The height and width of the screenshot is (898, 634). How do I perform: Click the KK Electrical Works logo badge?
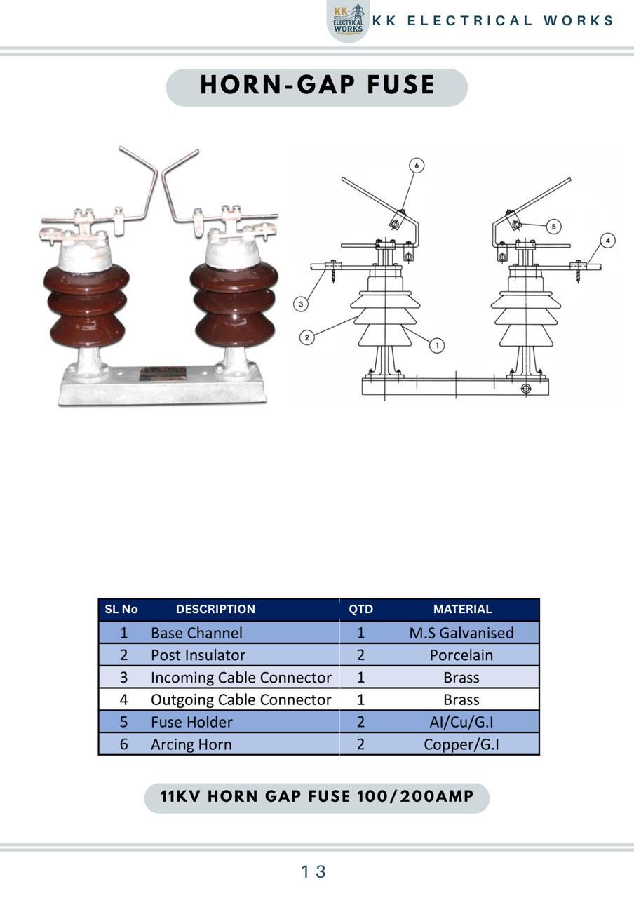348,20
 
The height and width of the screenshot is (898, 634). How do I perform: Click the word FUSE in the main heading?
400,85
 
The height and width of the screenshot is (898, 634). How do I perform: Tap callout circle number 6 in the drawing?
417,165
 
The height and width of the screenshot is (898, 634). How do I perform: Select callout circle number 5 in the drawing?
553,227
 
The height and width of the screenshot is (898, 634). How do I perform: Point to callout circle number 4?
607,241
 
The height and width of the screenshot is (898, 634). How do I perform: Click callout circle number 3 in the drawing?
301,304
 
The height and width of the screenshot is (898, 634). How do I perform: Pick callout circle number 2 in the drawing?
307,337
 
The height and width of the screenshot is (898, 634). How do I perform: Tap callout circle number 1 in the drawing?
437,345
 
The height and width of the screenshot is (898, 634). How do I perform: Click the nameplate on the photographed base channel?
163,373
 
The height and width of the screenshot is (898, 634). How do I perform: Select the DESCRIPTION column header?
215,609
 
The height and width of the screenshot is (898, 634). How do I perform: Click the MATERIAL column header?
462,609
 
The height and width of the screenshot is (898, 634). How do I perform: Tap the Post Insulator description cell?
198,655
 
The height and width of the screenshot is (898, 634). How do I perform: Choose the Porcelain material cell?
461,655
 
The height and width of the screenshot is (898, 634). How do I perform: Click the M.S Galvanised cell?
461,633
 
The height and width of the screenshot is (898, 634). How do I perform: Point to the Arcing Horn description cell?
191,744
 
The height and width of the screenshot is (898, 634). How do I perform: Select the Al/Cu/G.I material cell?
461,722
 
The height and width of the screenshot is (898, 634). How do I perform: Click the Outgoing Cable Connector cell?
241,700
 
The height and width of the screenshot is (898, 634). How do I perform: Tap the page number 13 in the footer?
313,871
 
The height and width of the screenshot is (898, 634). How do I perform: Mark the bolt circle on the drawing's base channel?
526,389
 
